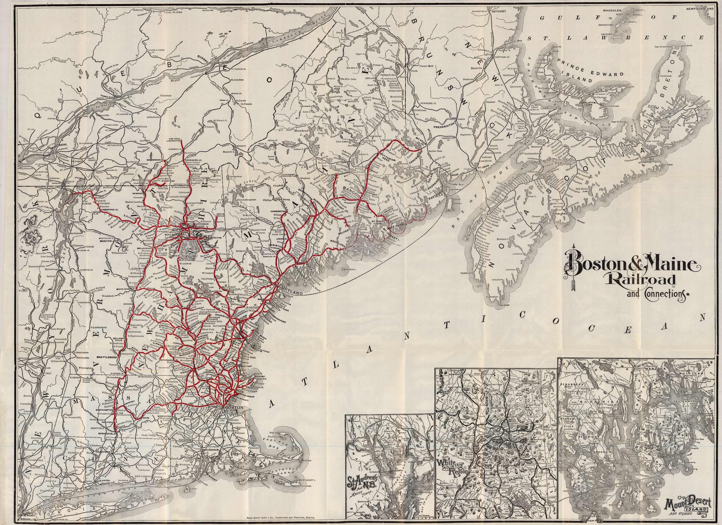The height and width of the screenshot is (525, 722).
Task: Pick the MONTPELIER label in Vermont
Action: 108,241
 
